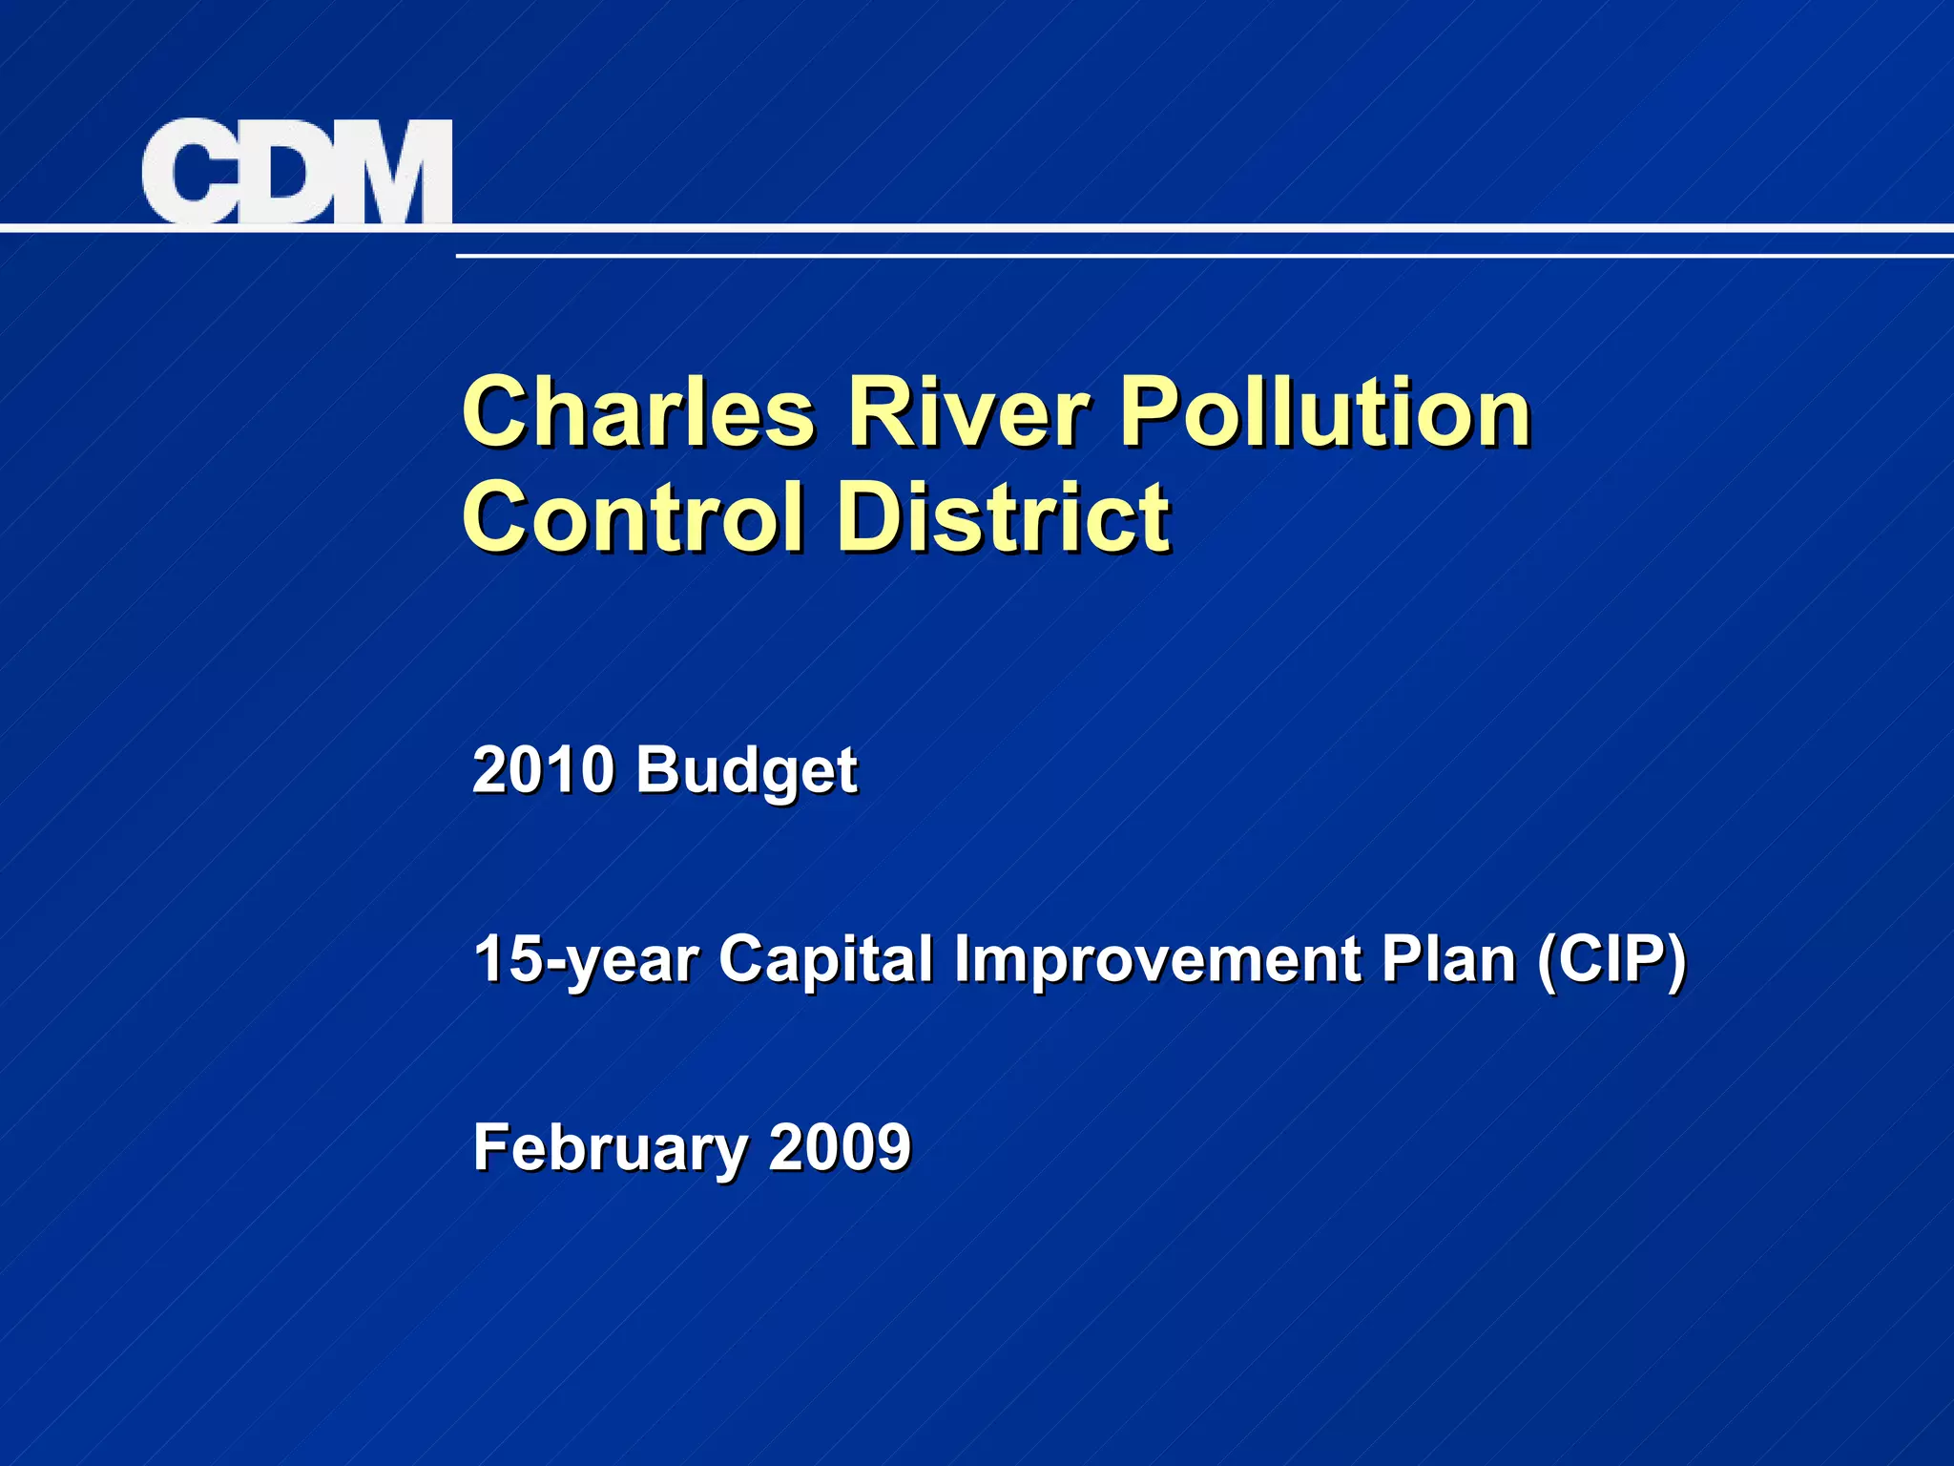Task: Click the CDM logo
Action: click(297, 172)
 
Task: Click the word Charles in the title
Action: click(637, 412)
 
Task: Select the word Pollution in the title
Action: click(1325, 412)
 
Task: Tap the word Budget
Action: click(746, 771)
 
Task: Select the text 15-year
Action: click(585, 959)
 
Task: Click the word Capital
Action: click(825, 959)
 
